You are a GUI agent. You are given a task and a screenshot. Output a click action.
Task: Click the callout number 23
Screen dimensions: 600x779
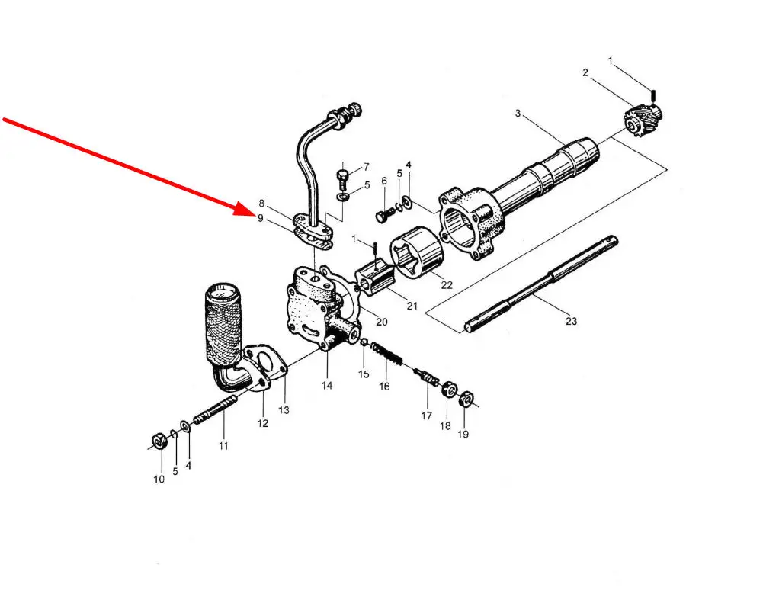[571, 321]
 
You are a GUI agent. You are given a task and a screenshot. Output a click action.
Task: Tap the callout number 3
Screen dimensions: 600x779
[518, 114]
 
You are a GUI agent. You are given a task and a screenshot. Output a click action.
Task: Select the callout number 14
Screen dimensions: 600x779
[326, 386]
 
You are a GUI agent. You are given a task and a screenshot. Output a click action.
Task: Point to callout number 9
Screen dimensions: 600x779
[260, 218]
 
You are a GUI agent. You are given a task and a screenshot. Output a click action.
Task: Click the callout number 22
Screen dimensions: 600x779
[446, 285]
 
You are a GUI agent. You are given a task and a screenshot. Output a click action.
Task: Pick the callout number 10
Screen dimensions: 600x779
[159, 479]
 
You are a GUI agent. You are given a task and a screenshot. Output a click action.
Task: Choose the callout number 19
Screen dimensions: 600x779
[463, 434]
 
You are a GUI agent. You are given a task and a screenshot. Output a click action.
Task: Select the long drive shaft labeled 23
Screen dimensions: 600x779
[541, 284]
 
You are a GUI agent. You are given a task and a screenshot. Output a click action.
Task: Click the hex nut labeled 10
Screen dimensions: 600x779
[159, 441]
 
